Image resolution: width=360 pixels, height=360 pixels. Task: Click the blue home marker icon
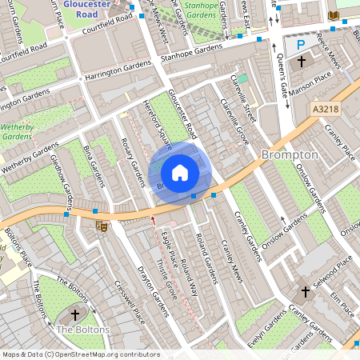[180, 172]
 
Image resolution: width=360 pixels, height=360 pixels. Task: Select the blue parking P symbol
[301, 46]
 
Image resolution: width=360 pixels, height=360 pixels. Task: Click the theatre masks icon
[102, 226]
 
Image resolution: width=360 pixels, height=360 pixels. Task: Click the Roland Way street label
[189, 273]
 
